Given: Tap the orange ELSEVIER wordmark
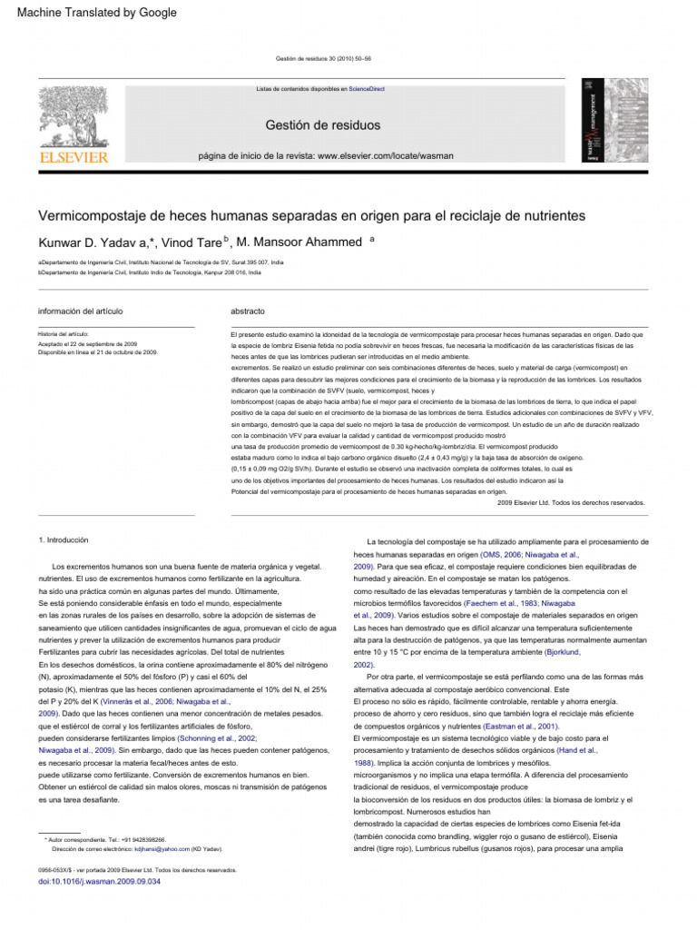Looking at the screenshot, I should point(73,157).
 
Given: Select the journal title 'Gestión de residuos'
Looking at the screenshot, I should point(322,124).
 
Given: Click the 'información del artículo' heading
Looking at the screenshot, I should point(80,311).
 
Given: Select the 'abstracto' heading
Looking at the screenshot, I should point(248,311).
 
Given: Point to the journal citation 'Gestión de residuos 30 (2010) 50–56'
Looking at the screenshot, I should point(322,59).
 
